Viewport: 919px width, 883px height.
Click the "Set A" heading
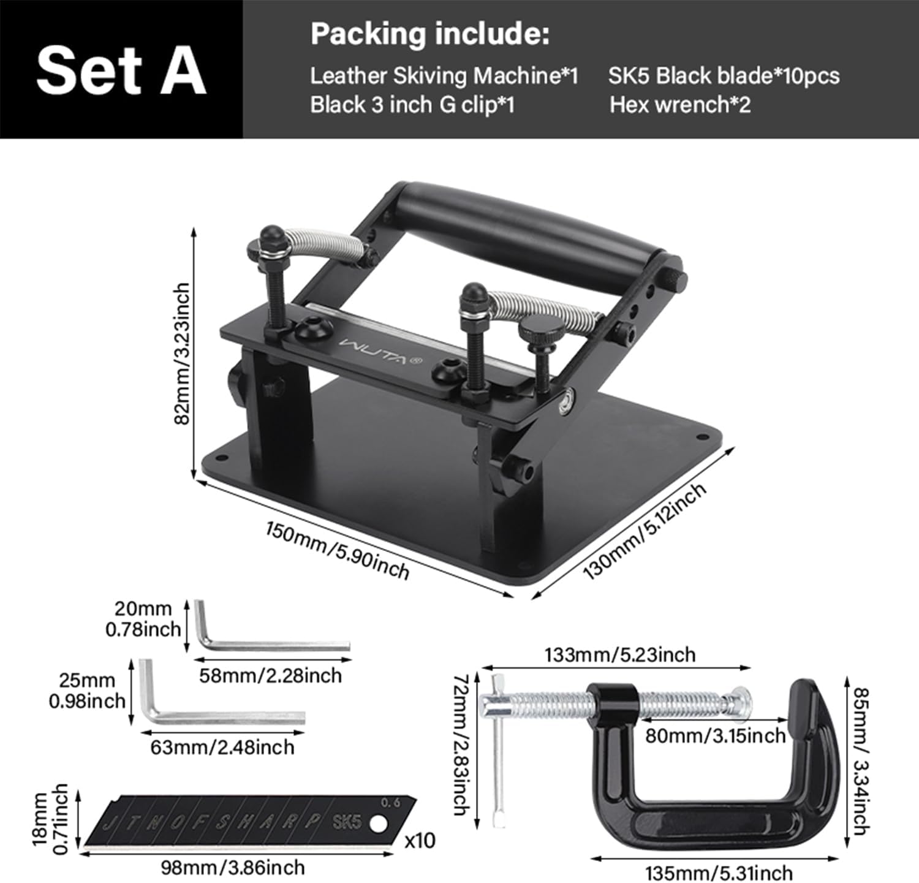click(x=121, y=70)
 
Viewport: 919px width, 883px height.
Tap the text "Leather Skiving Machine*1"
click(x=444, y=75)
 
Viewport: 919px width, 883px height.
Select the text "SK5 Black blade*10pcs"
click(x=724, y=75)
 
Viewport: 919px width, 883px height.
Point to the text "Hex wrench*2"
click(x=679, y=104)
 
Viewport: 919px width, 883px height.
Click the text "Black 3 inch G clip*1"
click(x=412, y=104)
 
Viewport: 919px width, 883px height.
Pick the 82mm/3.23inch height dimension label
click(x=182, y=354)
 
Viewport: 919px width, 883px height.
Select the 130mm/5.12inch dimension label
click(x=645, y=530)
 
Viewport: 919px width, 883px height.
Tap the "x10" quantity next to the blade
click(x=420, y=839)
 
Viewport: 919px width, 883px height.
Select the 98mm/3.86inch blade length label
click(x=232, y=867)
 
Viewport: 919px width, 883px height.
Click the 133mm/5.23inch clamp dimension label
click(x=619, y=654)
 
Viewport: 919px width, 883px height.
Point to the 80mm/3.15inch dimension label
click(x=715, y=735)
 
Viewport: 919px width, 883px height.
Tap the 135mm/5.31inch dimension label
click(x=719, y=873)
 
